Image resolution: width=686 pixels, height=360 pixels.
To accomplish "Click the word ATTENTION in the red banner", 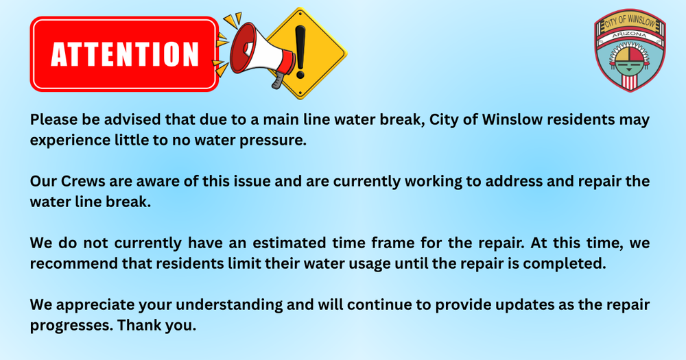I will [x=124, y=54].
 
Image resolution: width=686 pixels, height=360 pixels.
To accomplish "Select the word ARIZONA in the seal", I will [x=630, y=35].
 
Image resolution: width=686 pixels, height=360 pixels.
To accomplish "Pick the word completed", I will [x=569, y=263].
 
